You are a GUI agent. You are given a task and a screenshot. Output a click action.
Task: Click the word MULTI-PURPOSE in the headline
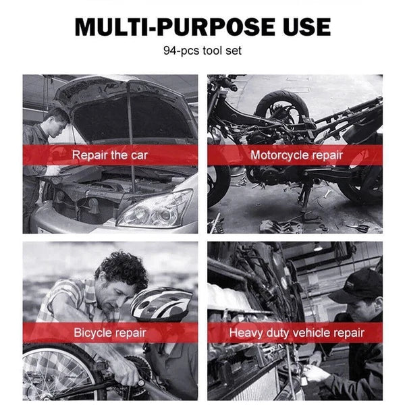[x=175, y=26]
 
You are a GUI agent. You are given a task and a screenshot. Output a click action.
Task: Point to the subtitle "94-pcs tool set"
[x=202, y=51]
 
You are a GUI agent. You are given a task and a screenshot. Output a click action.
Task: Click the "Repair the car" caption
[x=109, y=155]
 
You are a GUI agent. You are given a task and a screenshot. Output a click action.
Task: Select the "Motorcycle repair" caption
[x=296, y=155]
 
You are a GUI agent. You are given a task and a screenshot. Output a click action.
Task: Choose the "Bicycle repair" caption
[x=110, y=332]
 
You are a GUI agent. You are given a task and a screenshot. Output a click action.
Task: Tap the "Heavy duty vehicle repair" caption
[x=296, y=333]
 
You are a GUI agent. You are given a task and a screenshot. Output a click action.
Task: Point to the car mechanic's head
[x=55, y=122]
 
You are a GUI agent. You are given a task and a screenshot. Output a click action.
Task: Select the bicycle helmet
[x=161, y=304]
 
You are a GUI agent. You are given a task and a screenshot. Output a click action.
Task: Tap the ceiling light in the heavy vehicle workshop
[x=318, y=248]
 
